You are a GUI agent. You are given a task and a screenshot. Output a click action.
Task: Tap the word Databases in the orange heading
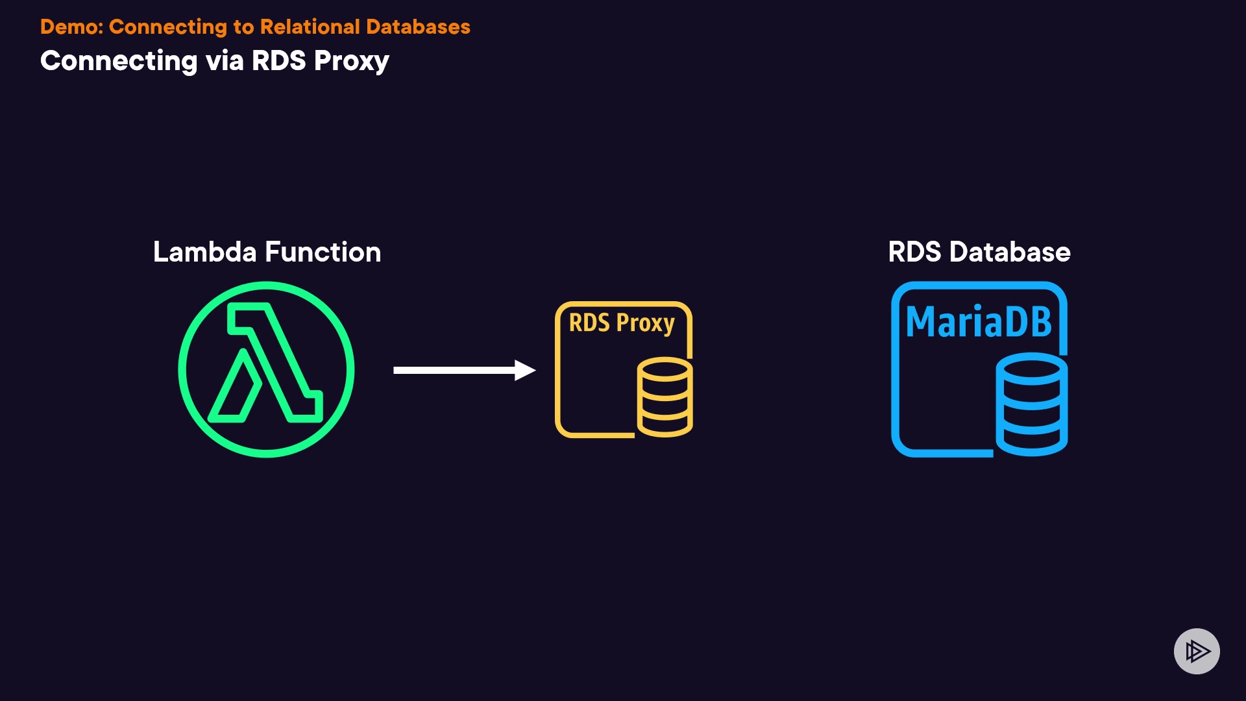tap(418, 27)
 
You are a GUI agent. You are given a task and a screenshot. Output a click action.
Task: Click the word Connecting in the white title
tap(119, 61)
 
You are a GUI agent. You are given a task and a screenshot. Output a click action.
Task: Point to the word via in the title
tap(225, 61)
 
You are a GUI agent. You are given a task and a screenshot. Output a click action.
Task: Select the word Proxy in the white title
tap(351, 61)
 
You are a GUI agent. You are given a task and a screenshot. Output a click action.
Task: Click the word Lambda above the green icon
tap(204, 252)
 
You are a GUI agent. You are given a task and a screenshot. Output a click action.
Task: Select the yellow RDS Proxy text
tap(622, 323)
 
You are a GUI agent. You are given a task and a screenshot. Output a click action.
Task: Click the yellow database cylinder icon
tap(665, 397)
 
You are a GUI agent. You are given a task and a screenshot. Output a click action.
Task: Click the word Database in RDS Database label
tap(1010, 252)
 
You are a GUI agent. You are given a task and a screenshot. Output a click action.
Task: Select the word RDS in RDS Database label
tap(914, 252)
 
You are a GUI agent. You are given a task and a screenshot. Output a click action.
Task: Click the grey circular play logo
tap(1197, 651)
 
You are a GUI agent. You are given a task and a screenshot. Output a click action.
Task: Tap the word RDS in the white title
tap(278, 61)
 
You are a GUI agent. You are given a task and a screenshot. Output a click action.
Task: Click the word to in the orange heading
tap(243, 27)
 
